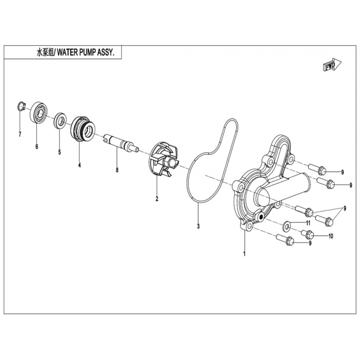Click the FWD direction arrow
click(333, 64)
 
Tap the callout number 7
click(20, 134)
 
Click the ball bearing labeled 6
click(39, 112)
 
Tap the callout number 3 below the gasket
click(198, 226)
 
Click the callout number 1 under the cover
click(244, 254)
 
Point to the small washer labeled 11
click(286, 226)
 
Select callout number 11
click(308, 223)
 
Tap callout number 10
click(331, 236)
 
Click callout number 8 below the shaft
click(117, 170)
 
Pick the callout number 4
click(80, 165)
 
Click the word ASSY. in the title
click(106, 53)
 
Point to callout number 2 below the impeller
click(157, 198)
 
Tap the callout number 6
click(37, 147)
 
